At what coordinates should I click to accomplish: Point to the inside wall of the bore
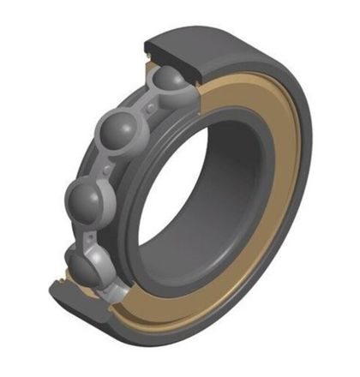click(x=236, y=171)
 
